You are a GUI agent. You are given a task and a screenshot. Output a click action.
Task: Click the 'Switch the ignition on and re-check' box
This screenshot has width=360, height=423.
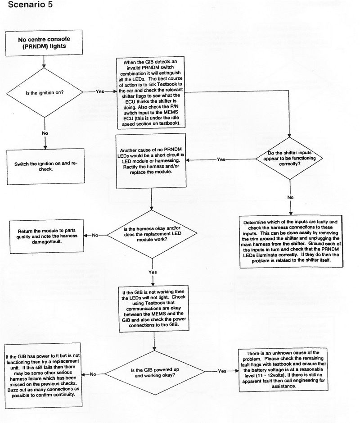coord(45,166)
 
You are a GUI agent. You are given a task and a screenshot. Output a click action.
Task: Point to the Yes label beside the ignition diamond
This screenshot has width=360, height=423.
coord(100,91)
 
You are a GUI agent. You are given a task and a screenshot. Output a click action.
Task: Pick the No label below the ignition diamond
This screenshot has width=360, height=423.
coord(45,133)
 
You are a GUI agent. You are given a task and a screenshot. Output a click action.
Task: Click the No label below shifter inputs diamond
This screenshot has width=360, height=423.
coord(291,197)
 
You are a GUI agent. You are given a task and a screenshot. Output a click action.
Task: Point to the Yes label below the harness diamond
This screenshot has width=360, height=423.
coord(153,272)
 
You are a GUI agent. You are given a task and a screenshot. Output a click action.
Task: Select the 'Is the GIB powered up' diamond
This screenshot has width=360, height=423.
coord(154,372)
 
